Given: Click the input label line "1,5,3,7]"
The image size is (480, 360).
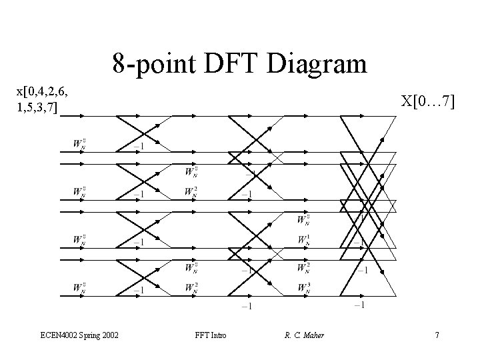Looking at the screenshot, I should tap(38, 107).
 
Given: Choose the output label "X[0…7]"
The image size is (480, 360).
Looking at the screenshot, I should tap(427, 101).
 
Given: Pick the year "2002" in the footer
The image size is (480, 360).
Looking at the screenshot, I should tap(110, 335).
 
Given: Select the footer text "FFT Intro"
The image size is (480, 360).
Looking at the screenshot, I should tap(211, 335).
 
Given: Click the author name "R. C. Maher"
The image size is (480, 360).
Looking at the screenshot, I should tap(304, 335).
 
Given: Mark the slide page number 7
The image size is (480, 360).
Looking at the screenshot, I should tap(437, 335).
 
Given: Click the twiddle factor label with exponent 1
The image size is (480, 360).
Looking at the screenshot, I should tap(303, 239).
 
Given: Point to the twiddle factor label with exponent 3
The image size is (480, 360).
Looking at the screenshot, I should tap(303, 288).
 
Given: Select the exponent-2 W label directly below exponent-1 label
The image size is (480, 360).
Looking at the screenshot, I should tap(303, 267).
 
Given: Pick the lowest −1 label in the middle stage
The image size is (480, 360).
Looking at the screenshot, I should tap(246, 306).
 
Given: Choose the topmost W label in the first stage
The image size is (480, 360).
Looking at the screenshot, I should tap(79, 143).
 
